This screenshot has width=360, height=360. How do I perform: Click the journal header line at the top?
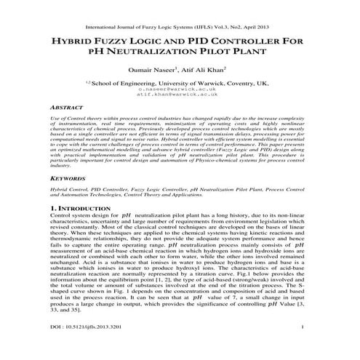(x=180, y=14)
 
